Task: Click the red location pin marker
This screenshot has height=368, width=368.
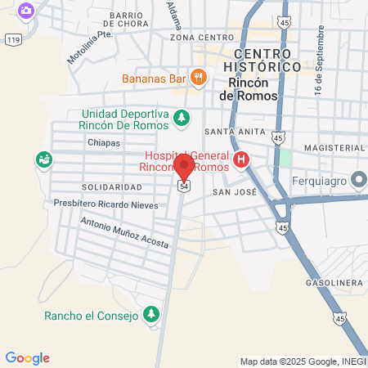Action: point(184,166)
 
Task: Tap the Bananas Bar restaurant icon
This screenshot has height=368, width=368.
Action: point(198,79)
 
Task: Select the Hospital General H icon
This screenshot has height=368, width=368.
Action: point(240,159)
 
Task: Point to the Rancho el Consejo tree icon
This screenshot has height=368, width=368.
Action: point(150,314)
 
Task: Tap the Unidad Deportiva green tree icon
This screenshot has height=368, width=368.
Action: point(182,119)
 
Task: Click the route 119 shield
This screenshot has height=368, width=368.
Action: point(12,38)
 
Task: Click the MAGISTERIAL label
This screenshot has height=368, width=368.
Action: point(331,147)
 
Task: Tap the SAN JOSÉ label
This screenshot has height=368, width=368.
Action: point(235,192)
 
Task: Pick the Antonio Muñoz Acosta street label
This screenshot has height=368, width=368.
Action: point(124,232)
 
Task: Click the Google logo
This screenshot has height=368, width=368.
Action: point(27,358)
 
